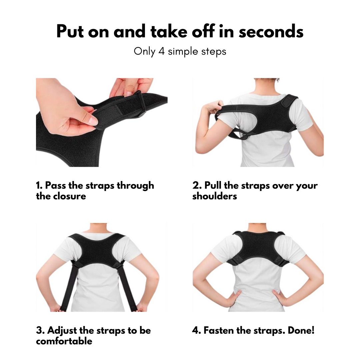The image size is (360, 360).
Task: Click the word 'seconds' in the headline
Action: (x=271, y=31)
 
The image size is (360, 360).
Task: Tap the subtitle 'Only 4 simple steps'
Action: (x=180, y=51)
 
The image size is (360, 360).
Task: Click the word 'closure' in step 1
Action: (x=70, y=196)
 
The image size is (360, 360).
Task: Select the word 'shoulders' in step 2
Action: (x=214, y=196)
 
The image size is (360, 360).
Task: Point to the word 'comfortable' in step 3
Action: (x=64, y=341)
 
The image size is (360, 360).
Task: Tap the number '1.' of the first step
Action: (x=39, y=186)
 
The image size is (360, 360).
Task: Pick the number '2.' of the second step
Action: (x=197, y=186)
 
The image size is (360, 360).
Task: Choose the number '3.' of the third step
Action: (x=40, y=330)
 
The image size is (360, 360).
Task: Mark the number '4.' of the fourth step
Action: (x=197, y=330)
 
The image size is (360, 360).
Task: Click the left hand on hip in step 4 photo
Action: (x=234, y=297)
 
